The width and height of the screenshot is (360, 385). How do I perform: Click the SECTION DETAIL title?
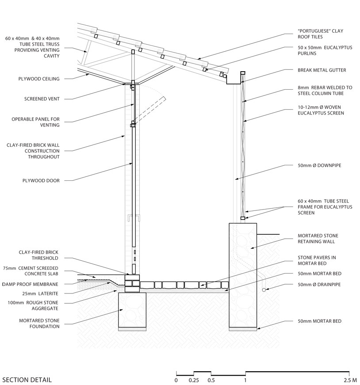click(27, 380)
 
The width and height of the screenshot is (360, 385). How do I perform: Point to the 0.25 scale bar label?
click(193, 380)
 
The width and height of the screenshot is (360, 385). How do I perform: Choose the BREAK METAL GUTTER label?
click(321, 70)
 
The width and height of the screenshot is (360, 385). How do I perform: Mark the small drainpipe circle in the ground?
click(264, 290)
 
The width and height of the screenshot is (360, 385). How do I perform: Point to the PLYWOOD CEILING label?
click(42, 79)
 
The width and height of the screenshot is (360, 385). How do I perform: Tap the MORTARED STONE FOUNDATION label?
click(39, 323)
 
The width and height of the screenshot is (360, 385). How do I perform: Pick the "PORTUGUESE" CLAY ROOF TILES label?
click(320, 34)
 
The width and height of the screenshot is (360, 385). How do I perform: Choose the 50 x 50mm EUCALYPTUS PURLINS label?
click(325, 50)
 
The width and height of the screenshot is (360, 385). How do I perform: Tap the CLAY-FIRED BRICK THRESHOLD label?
click(38, 255)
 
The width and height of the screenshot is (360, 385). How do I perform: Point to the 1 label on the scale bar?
click(245, 380)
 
